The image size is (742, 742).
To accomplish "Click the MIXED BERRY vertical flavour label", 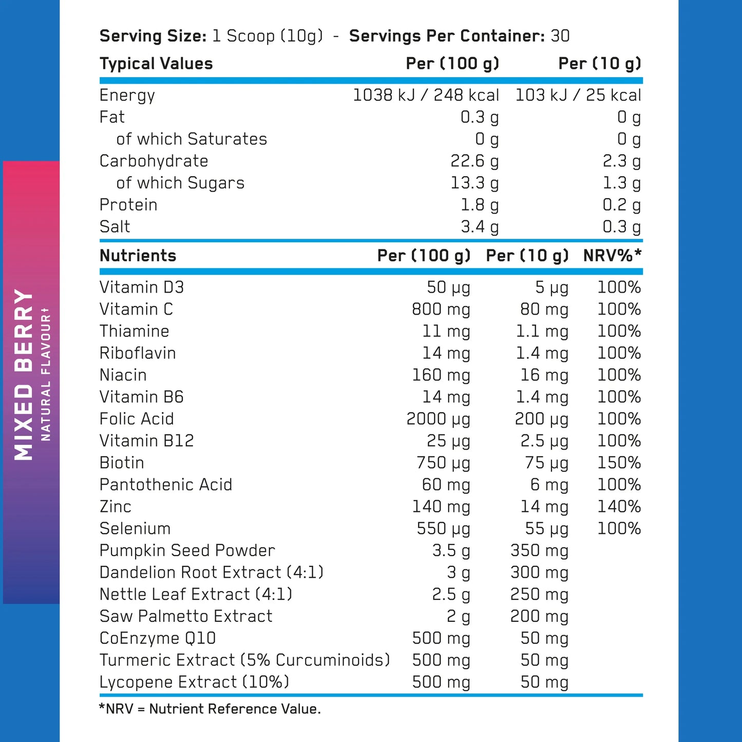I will pyautogui.click(x=24, y=374).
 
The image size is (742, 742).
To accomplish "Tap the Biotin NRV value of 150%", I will pyautogui.click(x=619, y=463).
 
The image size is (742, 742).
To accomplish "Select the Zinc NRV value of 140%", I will pyautogui.click(x=619, y=506).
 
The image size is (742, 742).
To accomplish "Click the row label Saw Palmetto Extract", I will pyautogui.click(x=186, y=616).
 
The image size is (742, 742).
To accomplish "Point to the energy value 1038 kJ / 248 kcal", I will pyautogui.click(x=426, y=95).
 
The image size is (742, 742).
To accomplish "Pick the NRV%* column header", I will pyautogui.click(x=612, y=255).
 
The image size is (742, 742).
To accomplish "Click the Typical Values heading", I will pyautogui.click(x=156, y=64).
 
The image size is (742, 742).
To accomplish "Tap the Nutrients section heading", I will pyautogui.click(x=138, y=255).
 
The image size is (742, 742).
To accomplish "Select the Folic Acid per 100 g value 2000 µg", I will pyautogui.click(x=438, y=419).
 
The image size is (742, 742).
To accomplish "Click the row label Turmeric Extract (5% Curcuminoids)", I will pyautogui.click(x=244, y=660).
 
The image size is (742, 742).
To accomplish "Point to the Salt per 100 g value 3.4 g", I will pyautogui.click(x=479, y=226).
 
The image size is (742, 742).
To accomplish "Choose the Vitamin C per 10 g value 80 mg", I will pyautogui.click(x=544, y=309).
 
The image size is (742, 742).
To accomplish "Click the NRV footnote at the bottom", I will pyautogui.click(x=210, y=709).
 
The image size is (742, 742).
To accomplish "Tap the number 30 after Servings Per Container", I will pyautogui.click(x=560, y=36).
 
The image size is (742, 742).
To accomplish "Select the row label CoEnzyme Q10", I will pyautogui.click(x=158, y=638).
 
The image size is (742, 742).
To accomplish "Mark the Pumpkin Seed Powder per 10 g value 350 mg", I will pyautogui.click(x=539, y=550).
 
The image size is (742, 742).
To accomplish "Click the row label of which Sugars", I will pyautogui.click(x=180, y=183).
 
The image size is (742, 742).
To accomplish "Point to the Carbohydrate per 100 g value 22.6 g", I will pyautogui.click(x=474, y=161).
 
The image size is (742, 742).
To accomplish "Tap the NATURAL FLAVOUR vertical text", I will pyautogui.click(x=46, y=374).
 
